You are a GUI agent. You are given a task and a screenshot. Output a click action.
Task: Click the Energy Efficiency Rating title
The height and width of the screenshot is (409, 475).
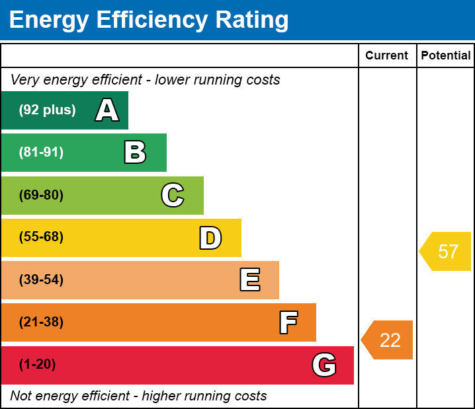click(149, 20)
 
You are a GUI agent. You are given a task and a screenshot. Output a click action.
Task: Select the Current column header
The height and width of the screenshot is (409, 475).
click(386, 56)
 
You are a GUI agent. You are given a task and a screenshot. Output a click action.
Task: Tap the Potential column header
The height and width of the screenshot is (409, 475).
click(446, 56)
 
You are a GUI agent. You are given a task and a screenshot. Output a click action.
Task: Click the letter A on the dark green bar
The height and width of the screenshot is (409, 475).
click(107, 110)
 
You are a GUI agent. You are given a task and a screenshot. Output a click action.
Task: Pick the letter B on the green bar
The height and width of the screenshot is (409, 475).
click(135, 153)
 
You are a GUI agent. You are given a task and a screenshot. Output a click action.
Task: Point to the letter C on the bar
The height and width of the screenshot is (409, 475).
click(173, 196)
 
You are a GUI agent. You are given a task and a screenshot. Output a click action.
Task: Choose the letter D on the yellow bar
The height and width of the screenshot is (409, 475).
click(210, 238)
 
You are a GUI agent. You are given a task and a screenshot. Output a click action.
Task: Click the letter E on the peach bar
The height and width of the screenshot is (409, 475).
click(249, 280)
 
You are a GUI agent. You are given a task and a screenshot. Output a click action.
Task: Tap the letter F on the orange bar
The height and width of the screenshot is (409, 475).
click(288, 322)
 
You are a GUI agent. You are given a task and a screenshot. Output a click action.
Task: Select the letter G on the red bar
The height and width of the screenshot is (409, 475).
click(324, 365)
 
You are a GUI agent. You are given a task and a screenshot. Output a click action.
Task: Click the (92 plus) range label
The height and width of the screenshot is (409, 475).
click(47, 110)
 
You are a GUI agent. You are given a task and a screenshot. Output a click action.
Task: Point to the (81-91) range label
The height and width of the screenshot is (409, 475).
click(41, 153)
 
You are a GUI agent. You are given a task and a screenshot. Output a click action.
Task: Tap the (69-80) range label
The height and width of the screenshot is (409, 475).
click(41, 196)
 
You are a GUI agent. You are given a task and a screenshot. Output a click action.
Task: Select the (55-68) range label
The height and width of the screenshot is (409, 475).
click(41, 237)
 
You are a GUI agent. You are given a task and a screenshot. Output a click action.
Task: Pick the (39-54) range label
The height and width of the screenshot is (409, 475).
click(41, 280)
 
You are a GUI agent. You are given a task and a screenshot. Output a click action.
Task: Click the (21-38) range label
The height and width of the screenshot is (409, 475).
click(41, 322)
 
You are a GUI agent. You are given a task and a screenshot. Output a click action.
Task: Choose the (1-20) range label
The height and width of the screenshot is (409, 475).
click(38, 365)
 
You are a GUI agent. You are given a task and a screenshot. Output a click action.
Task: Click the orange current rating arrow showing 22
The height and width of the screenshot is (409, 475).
click(388, 340)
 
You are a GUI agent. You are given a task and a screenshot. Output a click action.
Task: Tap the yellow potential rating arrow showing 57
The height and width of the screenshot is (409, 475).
click(447, 252)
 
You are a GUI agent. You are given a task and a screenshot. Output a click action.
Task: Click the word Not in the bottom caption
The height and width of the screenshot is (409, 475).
click(21, 396)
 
